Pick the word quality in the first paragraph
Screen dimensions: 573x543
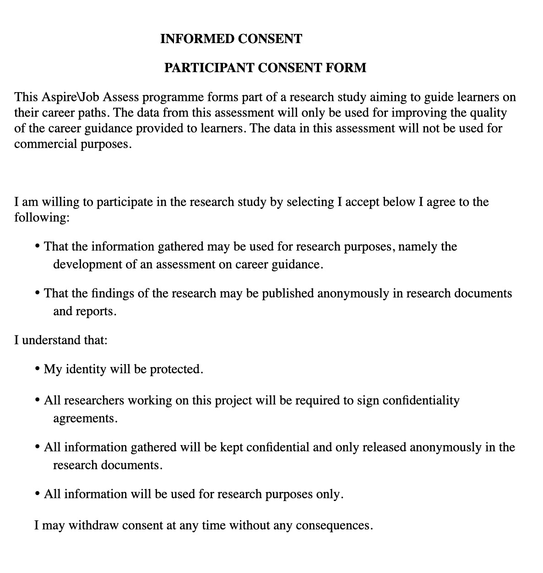point(488,113)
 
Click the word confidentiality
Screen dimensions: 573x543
point(421,401)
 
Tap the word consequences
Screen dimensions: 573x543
point(332,525)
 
